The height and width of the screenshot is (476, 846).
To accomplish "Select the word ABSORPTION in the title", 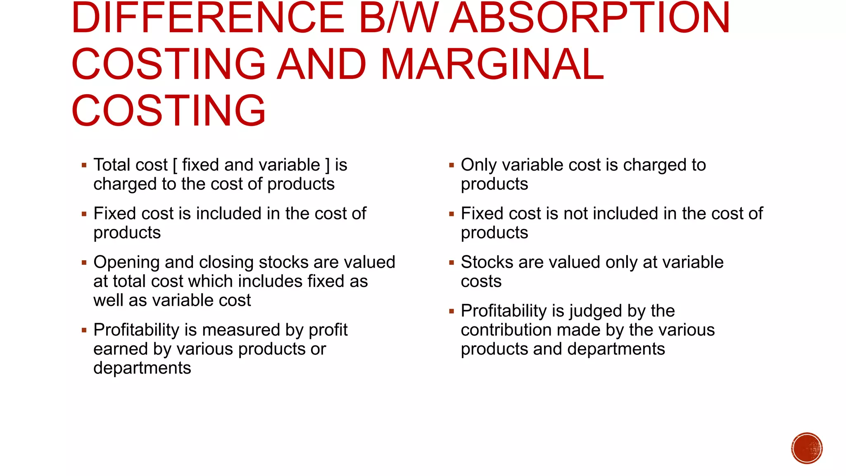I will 590,18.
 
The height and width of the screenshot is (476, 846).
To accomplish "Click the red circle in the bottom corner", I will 807,448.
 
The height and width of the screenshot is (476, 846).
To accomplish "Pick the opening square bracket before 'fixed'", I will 175,165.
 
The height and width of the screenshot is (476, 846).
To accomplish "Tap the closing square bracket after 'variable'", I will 328,165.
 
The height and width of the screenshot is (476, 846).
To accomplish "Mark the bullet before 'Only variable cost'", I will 452,165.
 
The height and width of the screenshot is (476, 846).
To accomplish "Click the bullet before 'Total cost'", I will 84,165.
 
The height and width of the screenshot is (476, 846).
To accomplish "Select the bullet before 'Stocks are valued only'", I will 452,262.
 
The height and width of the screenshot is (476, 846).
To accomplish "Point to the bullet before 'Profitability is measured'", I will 84,330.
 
